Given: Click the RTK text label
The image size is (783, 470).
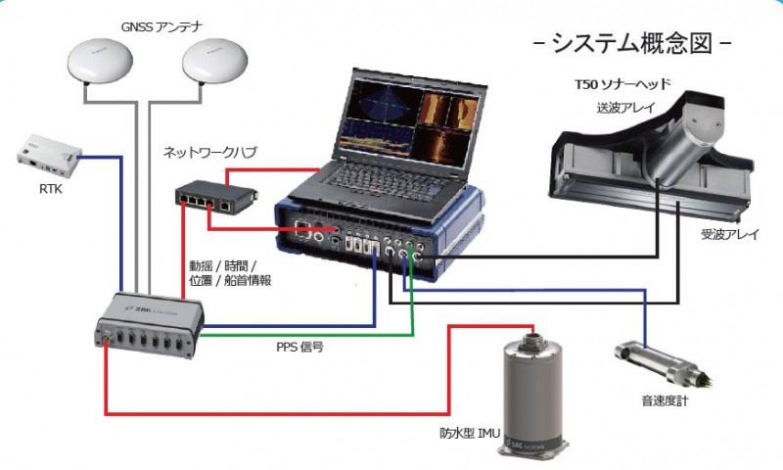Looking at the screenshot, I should tap(48, 188).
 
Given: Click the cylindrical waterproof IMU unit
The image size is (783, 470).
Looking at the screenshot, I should tap(533, 391).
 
